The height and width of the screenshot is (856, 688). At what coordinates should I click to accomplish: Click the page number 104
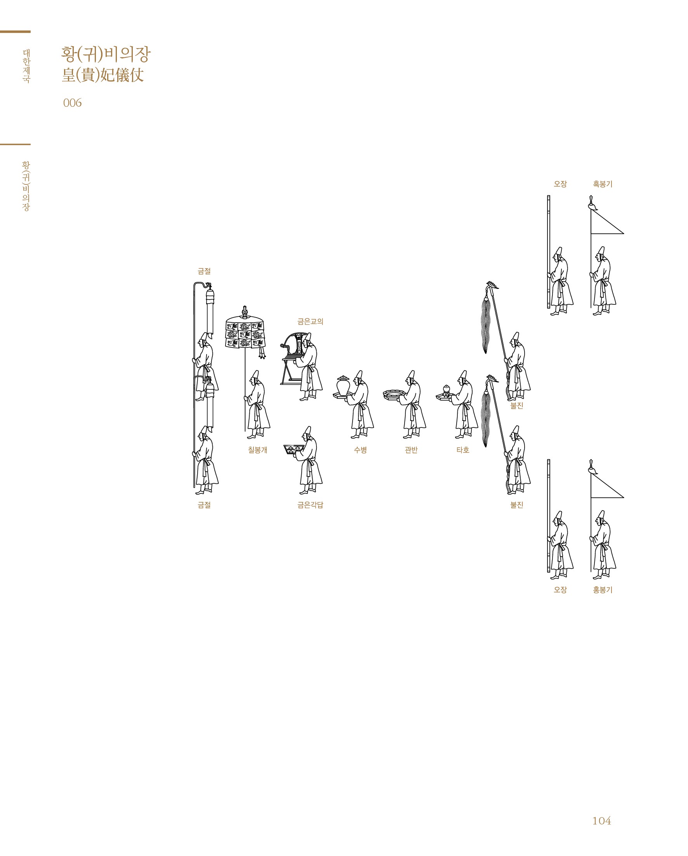[x=601, y=821]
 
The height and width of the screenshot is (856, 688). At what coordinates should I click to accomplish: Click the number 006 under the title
[x=72, y=103]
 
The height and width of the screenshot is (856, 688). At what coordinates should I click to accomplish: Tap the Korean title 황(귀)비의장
[x=106, y=54]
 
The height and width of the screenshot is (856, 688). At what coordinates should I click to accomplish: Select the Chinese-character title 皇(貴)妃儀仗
[x=103, y=75]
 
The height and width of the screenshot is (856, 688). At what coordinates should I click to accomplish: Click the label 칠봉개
[x=258, y=450]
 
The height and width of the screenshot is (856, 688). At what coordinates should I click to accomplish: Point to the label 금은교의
[x=311, y=321]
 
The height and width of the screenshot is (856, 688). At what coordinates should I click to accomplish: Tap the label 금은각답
[x=311, y=505]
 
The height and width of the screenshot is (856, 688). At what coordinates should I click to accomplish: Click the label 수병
[x=360, y=450]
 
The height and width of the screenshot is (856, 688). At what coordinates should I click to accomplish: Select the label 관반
[x=411, y=450]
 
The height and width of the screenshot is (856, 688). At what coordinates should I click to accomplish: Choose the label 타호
[x=463, y=450]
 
